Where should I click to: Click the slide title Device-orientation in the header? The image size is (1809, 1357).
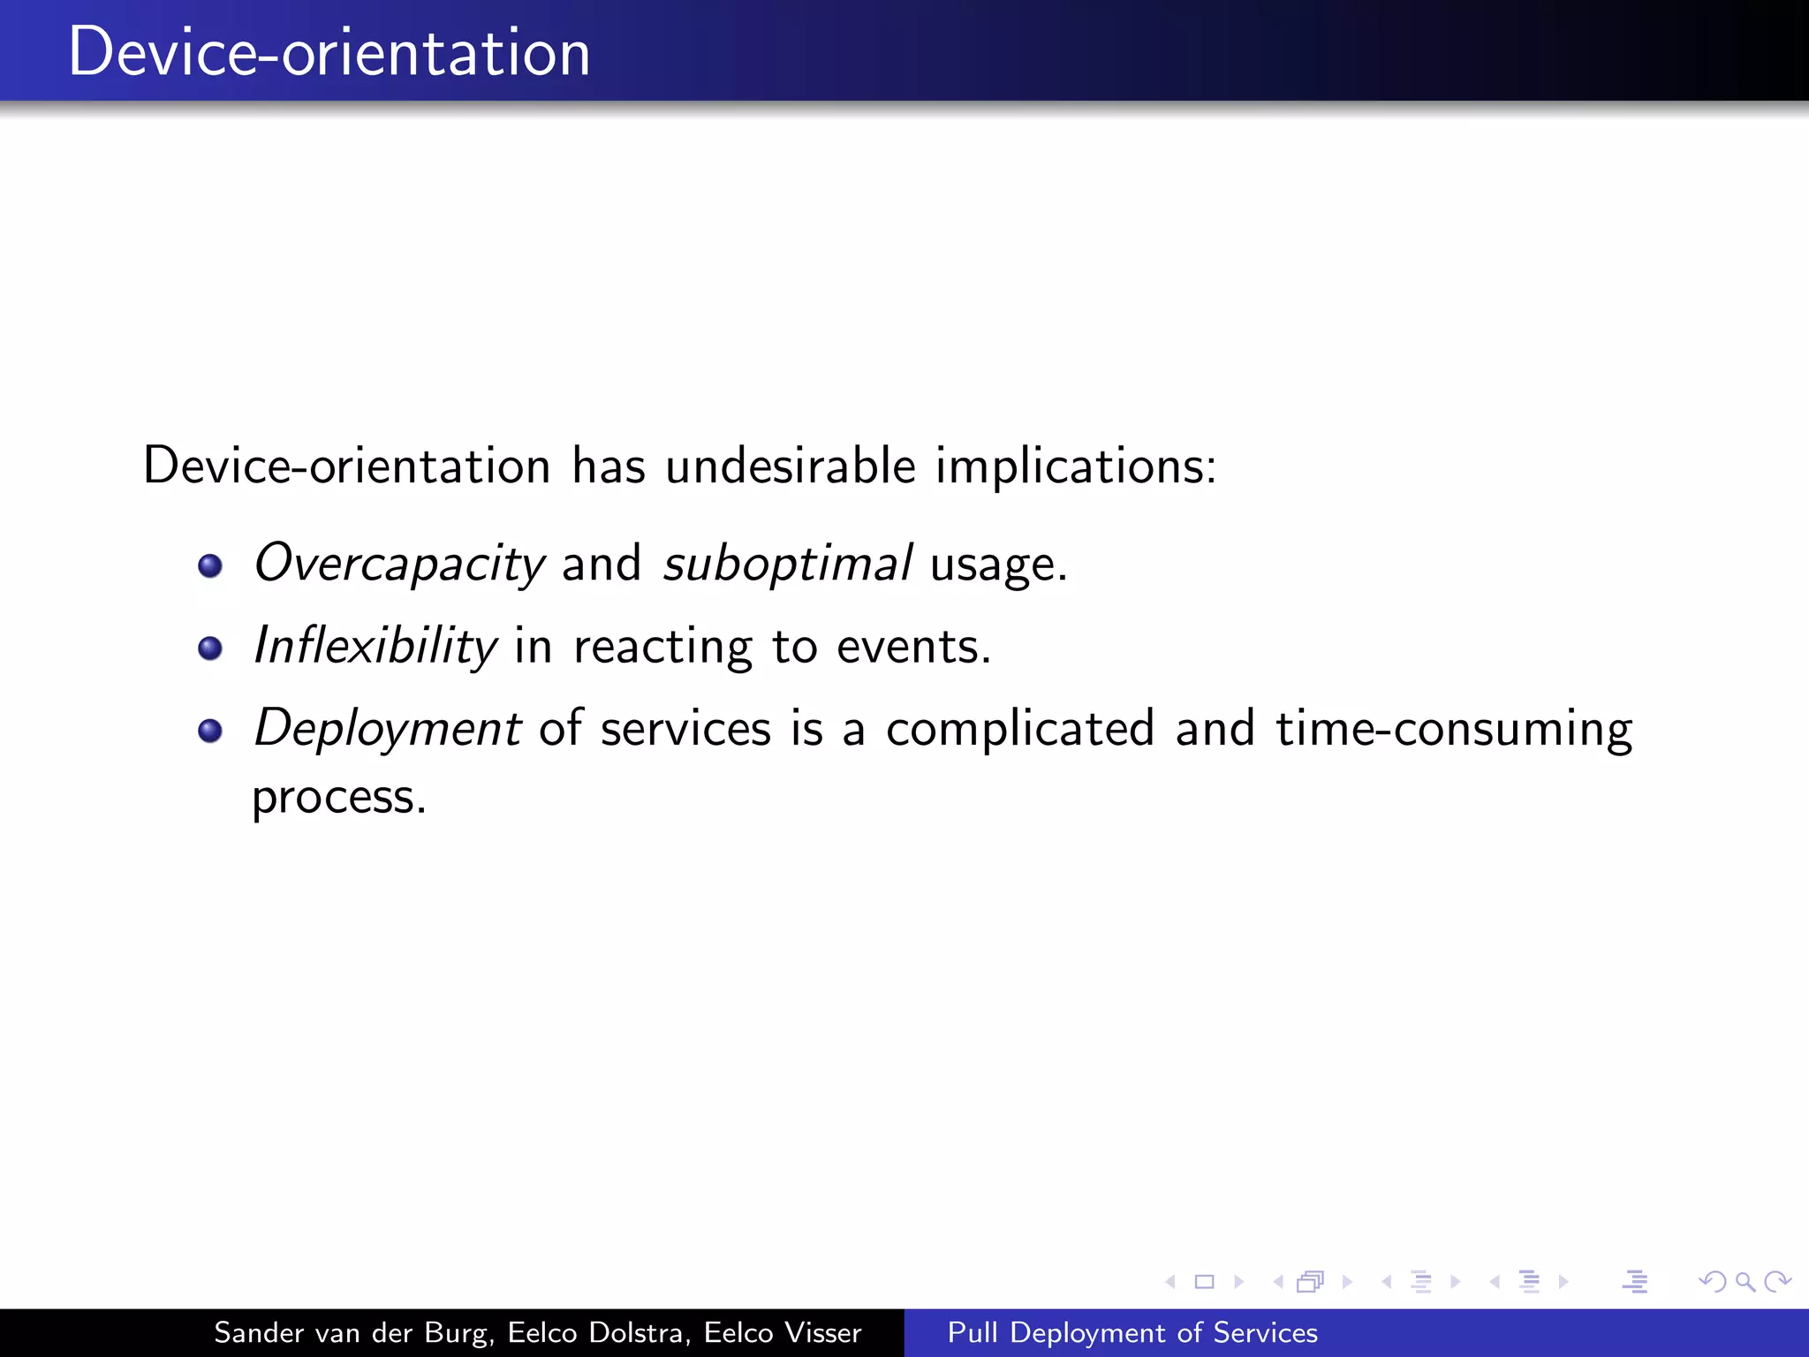click(329, 53)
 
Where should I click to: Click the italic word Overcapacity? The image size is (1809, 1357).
click(399, 564)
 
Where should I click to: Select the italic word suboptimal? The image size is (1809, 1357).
click(787, 564)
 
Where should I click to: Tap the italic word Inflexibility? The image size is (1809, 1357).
click(375, 646)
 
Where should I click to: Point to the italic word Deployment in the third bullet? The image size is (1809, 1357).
click(387, 729)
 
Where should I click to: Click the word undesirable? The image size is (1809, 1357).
click(791, 466)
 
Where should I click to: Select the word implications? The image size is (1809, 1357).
click(1075, 466)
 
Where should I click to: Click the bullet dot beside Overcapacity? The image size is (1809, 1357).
click(210, 565)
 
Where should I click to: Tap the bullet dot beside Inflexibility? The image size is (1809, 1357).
click(210, 648)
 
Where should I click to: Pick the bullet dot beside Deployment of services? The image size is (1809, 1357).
click(210, 731)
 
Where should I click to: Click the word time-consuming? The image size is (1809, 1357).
click(1454, 731)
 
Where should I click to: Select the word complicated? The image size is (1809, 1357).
click(1020, 729)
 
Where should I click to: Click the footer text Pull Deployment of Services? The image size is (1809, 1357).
click(1132, 1332)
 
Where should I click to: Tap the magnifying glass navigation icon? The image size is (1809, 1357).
click(1745, 1281)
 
